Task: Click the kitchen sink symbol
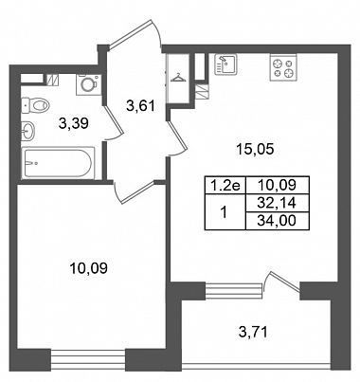[x=225, y=64]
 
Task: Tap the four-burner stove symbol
[x=283, y=67]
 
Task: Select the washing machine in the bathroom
[x=88, y=84]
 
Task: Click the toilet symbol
[x=35, y=105]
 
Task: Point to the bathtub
[x=59, y=163]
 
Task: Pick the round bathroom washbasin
[x=28, y=131]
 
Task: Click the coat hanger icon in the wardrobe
[x=178, y=78]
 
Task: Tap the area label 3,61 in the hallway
[x=140, y=106]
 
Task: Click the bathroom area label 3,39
[x=74, y=123]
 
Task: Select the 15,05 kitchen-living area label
[x=256, y=149]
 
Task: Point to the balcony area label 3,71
[x=253, y=332]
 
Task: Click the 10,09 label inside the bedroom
[x=89, y=268]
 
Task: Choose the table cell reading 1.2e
[x=225, y=185]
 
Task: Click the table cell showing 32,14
[x=277, y=203]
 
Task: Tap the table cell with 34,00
[x=277, y=221]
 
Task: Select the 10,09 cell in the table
[x=277, y=185]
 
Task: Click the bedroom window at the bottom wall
[x=88, y=359]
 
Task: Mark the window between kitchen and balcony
[x=234, y=290]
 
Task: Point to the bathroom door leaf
[x=114, y=119]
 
